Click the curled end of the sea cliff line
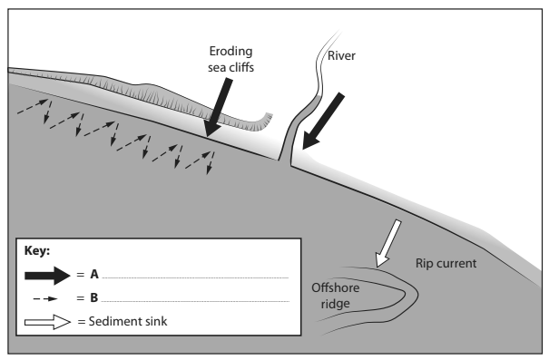pyautogui.click(x=268, y=116)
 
